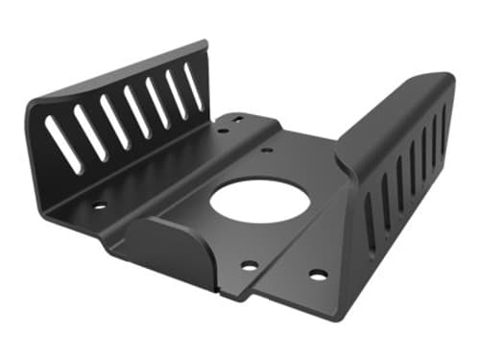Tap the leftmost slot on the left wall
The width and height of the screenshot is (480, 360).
tap(63, 145)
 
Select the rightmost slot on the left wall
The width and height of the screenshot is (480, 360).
tap(194, 87)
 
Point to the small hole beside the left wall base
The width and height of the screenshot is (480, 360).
tap(99, 204)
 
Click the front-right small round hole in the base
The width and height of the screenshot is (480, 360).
tap(318, 275)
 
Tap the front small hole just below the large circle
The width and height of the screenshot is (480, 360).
tap(248, 265)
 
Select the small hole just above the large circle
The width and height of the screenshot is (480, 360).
tap(266, 150)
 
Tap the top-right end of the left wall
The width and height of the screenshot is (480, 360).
tap(204, 45)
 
